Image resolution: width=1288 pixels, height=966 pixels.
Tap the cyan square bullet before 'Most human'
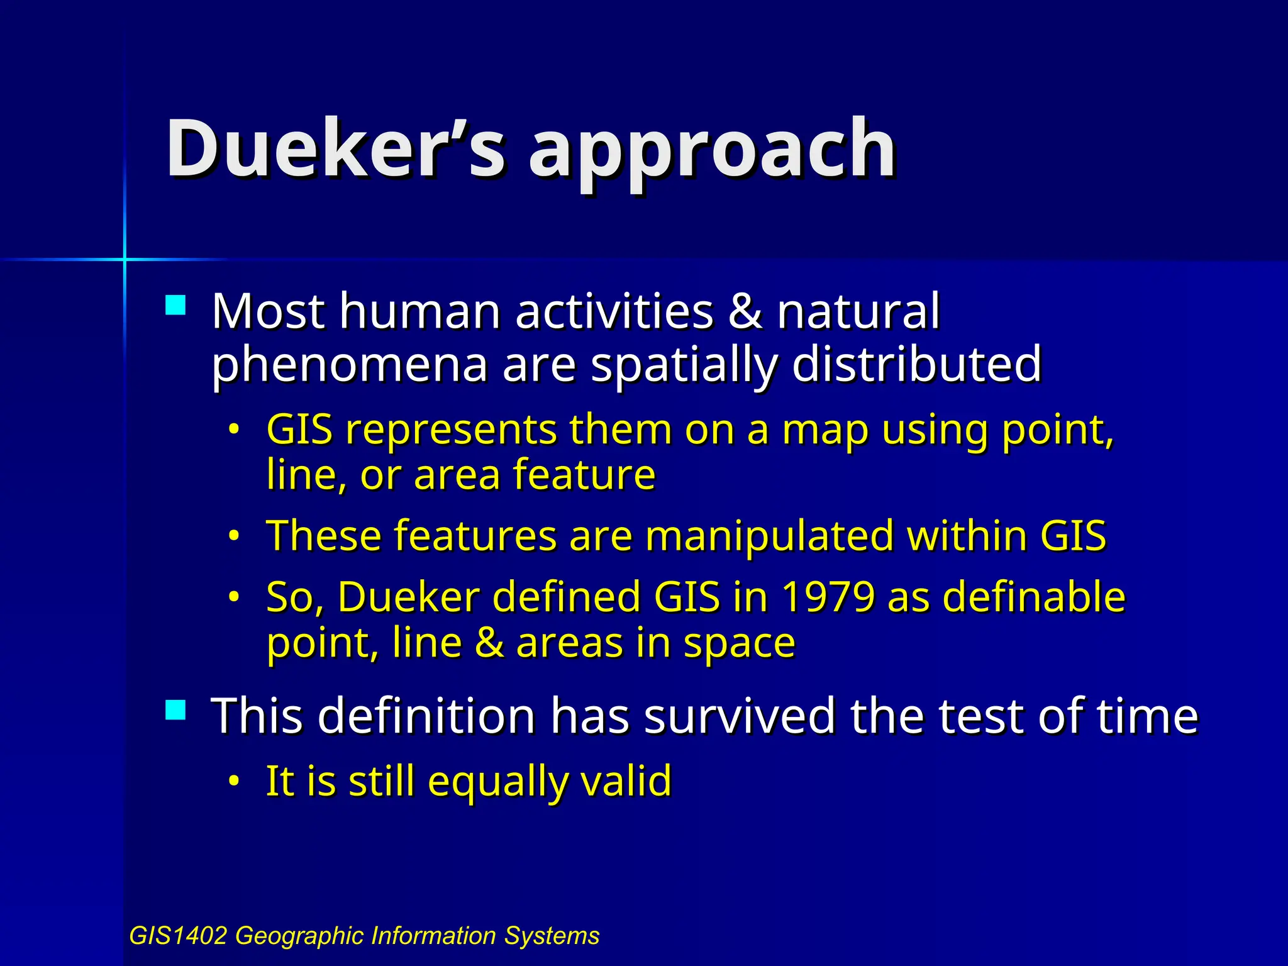[x=175, y=306]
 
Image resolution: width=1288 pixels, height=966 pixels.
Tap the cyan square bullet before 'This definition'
[x=175, y=711]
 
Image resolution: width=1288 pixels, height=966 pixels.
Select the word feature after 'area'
[x=584, y=475]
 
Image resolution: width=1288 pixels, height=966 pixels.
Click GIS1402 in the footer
[x=177, y=936]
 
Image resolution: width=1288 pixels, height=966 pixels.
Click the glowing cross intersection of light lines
[x=125, y=258]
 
